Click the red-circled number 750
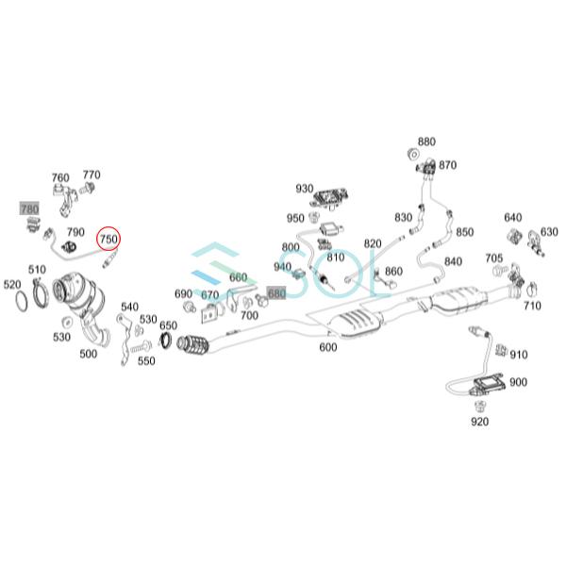108,240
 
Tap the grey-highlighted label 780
29,208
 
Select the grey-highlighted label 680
276,294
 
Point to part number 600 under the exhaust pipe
327,347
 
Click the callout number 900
518,382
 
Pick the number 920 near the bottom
480,422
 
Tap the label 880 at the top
426,142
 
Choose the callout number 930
305,189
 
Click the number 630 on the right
549,231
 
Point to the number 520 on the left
12,284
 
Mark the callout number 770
92,175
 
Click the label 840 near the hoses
453,261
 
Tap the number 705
493,258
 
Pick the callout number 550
145,360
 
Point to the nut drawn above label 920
479,408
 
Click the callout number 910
518,355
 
